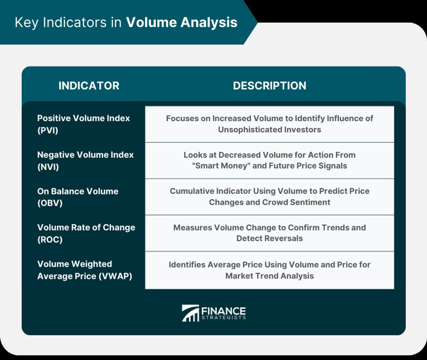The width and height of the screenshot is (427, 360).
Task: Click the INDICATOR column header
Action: pos(89,86)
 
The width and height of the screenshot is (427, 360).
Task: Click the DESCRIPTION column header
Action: pos(270,86)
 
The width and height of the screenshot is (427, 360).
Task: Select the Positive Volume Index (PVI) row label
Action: pos(83,124)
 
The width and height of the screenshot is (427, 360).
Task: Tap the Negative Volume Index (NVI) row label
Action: pos(85,160)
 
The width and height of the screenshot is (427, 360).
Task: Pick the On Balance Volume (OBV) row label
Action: pos(78,197)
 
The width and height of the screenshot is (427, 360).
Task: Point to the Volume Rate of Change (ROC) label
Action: pos(86,233)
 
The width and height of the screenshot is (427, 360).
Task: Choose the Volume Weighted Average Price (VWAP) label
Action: pos(84,270)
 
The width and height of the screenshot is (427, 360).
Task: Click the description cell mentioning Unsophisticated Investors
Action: pos(270,124)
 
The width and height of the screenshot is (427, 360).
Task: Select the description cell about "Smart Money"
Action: pos(270,160)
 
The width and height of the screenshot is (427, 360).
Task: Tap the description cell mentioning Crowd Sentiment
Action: pos(270,197)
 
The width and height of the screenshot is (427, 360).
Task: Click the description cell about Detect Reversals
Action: pos(270,233)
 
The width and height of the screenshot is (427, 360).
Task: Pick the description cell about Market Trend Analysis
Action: pos(270,270)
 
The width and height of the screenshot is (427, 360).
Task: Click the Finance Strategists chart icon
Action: pos(190,313)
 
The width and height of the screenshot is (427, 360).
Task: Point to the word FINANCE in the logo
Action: pos(224,311)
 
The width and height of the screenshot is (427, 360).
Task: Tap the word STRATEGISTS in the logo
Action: pos(224,317)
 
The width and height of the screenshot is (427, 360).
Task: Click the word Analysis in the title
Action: pos(209,22)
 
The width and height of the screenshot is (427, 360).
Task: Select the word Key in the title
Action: pos(27,23)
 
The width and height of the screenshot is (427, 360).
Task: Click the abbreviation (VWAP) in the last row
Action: pos(116,276)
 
